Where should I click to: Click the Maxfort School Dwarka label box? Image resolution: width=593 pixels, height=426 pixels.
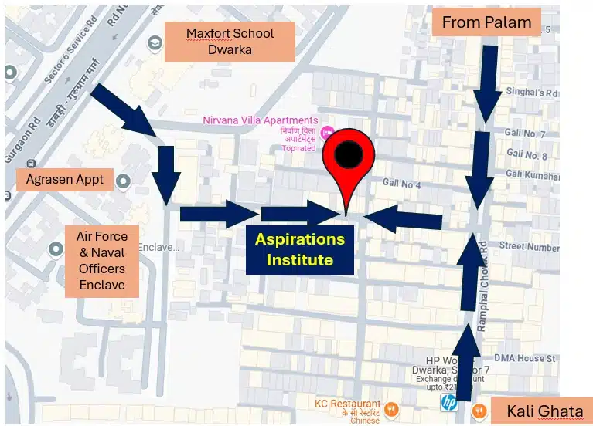[x=230, y=41]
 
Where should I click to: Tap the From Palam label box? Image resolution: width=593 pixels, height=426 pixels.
[x=486, y=22]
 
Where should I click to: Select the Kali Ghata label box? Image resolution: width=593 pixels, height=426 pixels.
[x=540, y=411]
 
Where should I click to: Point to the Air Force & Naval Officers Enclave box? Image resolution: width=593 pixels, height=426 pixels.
[x=101, y=261]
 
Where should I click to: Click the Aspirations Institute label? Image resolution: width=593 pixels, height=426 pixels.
[x=300, y=249]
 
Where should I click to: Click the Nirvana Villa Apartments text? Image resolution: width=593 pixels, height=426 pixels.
[x=260, y=120]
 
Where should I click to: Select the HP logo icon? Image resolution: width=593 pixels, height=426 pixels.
[x=448, y=402]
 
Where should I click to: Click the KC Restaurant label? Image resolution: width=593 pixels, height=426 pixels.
[x=347, y=404]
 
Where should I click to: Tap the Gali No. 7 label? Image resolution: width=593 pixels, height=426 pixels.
[x=526, y=135]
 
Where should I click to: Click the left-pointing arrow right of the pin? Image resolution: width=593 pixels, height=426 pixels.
[x=402, y=218]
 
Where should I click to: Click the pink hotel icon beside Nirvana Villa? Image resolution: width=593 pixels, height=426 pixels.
[x=327, y=133]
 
